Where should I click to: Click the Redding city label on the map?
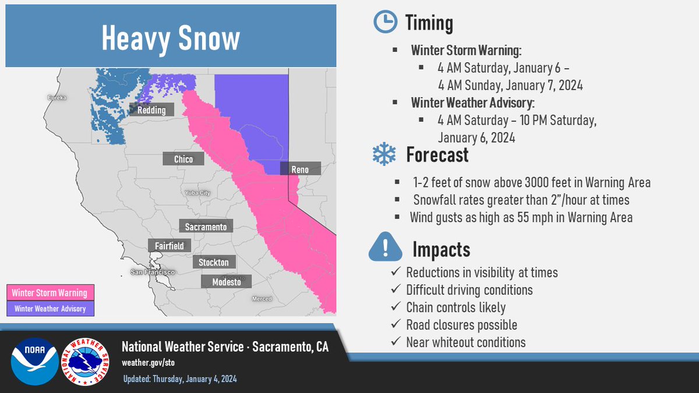151,110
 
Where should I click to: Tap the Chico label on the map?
183,159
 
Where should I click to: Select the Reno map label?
300,169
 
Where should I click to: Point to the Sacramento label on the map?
206,226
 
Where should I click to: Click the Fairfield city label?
170,246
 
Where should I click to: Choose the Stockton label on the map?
214,262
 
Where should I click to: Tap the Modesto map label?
226,282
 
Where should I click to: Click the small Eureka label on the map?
57,98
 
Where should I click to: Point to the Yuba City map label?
197,193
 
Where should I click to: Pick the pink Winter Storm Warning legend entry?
50,292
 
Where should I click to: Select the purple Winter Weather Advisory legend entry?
50,309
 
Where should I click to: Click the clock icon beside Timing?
386,22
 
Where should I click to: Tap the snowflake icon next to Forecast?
384,154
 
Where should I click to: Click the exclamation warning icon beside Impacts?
386,246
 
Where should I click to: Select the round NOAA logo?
34,361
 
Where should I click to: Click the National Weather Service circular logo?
85,362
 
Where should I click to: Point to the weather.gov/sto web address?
148,363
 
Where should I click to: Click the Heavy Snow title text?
171,38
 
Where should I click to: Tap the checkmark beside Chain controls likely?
396,306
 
